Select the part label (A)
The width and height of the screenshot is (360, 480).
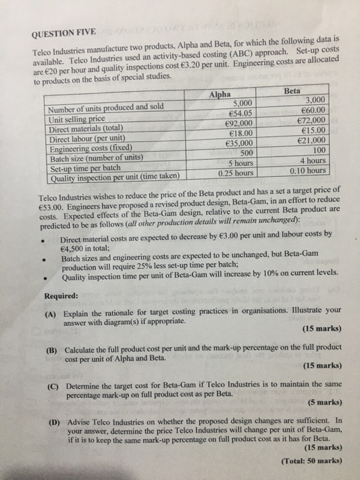[50, 310]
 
